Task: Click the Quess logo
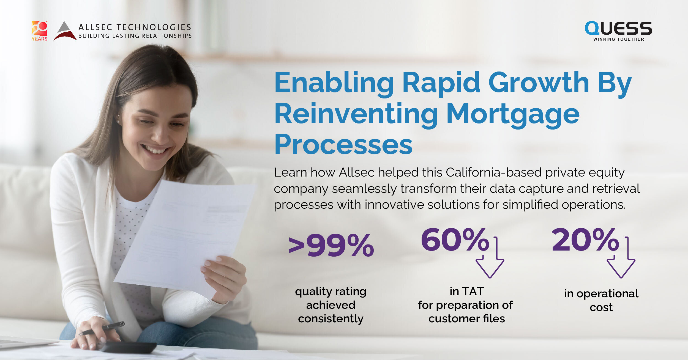pyautogui.click(x=618, y=31)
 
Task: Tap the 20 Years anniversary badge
pyautogui.click(x=40, y=31)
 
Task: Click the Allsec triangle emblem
pyautogui.click(x=65, y=31)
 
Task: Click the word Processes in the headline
pyautogui.click(x=343, y=145)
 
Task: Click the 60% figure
pyautogui.click(x=455, y=240)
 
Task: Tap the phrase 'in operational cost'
pyautogui.click(x=601, y=300)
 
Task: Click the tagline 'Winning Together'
pyautogui.click(x=619, y=39)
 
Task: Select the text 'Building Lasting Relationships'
pyautogui.click(x=135, y=36)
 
